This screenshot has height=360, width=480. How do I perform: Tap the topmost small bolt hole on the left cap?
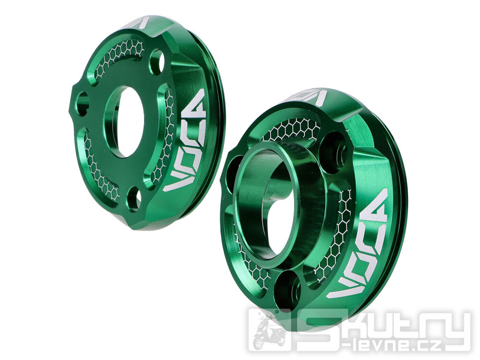point(157,60)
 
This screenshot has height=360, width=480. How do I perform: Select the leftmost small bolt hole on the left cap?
point(82,104)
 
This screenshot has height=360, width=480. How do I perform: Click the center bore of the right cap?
point(263,205)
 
